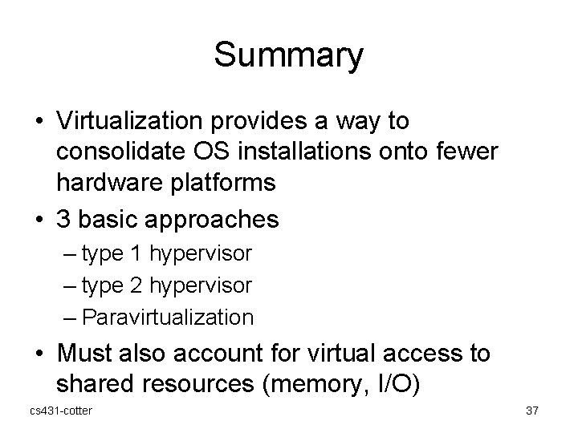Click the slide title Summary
click(x=288, y=55)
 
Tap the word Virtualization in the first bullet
click(x=138, y=122)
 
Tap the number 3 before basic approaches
click(x=64, y=219)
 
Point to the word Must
click(x=88, y=354)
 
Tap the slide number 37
click(x=531, y=411)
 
